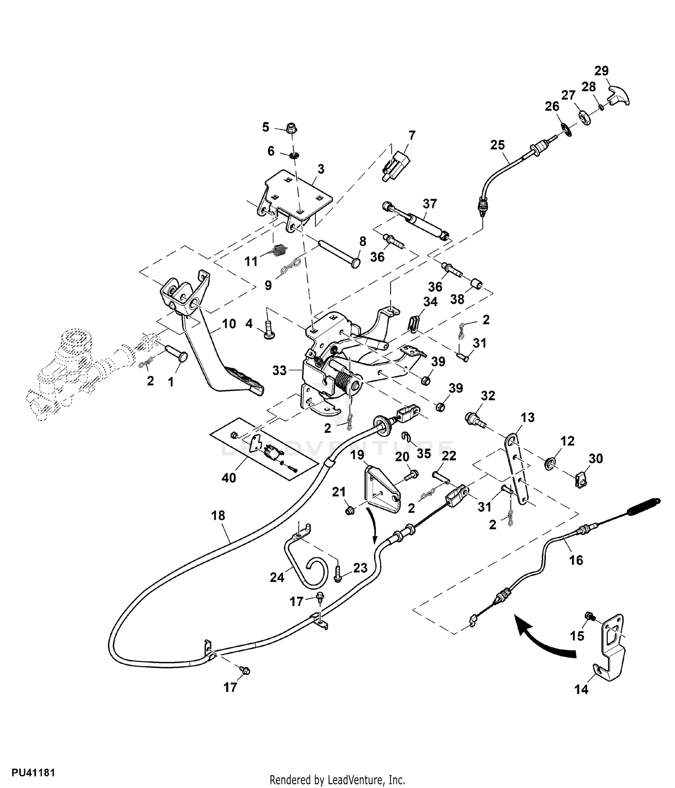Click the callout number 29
pos(602,71)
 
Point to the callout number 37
pos(430,204)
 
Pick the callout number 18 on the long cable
pos(218,515)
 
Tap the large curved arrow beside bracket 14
pos(542,634)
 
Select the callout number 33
pos(279,370)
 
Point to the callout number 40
pos(229,477)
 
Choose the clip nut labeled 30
pos(581,481)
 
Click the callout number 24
pos(277,577)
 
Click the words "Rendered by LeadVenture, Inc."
pos(337,779)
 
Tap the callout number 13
pos(527,417)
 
